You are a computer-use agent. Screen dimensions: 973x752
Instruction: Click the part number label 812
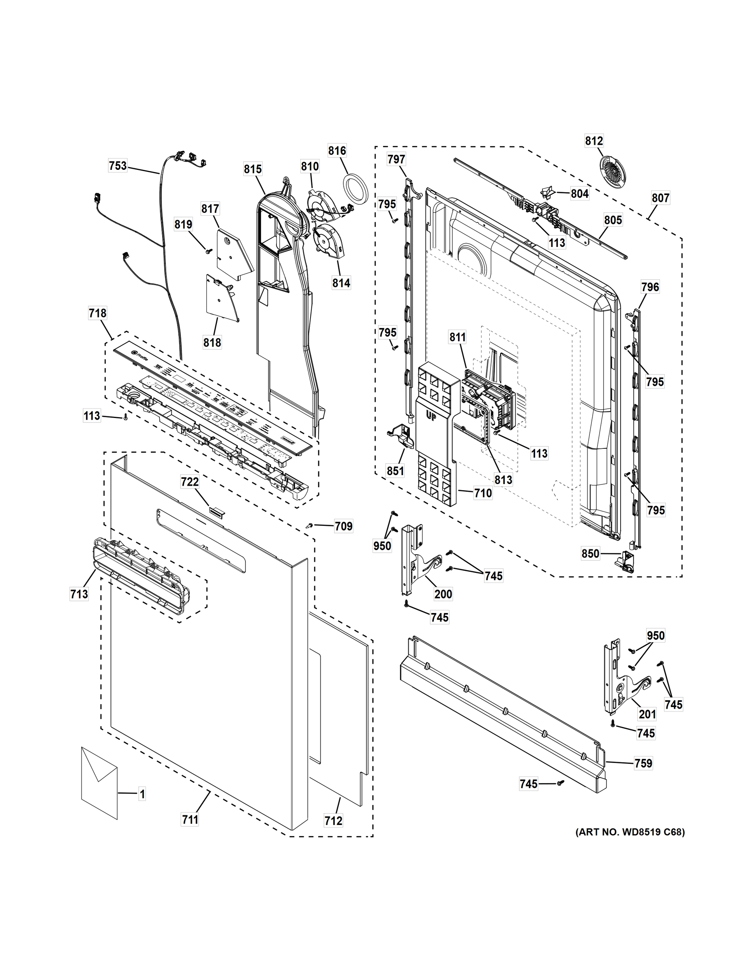coord(594,141)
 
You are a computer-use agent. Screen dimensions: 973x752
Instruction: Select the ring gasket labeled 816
coord(355,190)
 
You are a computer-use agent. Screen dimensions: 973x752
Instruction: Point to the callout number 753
coord(118,166)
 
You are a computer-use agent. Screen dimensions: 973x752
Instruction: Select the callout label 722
coord(190,482)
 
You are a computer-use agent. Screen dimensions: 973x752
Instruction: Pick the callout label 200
coord(443,594)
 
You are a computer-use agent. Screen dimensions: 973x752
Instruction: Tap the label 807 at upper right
coord(660,197)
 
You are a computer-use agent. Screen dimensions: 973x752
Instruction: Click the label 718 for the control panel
coord(98,313)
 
